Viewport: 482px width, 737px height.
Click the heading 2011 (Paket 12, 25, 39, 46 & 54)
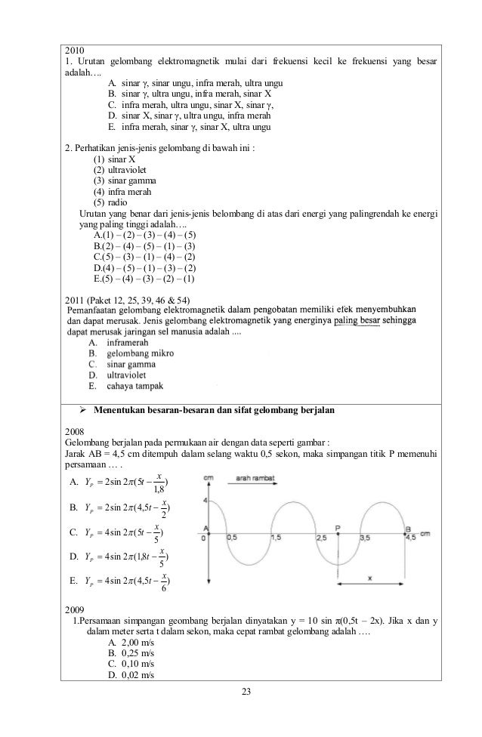[133, 299]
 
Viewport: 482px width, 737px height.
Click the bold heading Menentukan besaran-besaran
[214, 410]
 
